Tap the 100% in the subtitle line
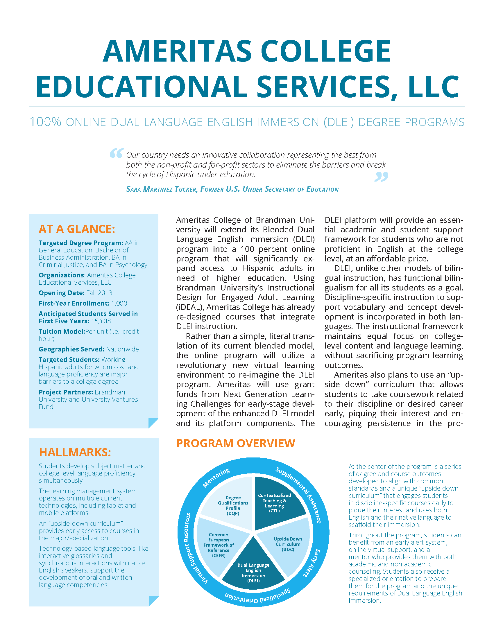[45, 122]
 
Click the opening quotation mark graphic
[116, 153]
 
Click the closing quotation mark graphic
[381, 177]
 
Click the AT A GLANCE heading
[77, 229]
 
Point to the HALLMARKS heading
[75, 452]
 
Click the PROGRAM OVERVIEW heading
[236, 443]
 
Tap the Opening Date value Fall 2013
[99, 293]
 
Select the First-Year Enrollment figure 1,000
[119, 304]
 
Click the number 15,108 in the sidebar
[101, 321]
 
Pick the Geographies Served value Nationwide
[122, 349]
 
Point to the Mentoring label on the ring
[216, 478]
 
